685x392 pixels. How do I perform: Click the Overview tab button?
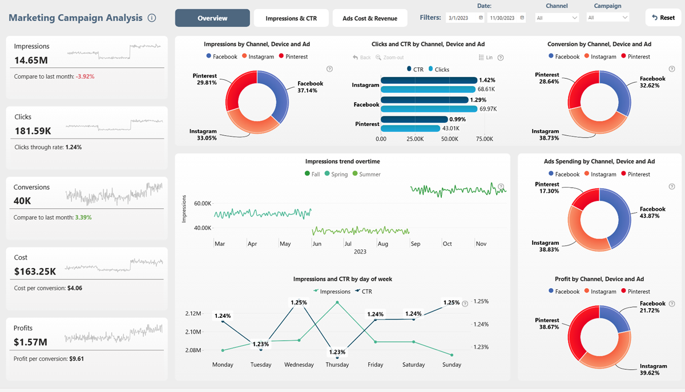[212, 18]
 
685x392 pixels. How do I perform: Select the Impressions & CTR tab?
[291, 18]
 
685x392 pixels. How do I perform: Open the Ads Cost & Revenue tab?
[369, 18]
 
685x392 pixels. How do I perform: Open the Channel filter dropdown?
[557, 18]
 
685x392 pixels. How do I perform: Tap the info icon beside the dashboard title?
[152, 18]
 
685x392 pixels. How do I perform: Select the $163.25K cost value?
[35, 271]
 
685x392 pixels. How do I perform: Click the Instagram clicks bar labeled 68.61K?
[428, 89]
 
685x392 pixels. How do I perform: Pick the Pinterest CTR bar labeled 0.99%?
[414, 119]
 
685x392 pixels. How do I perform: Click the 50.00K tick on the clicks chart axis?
[449, 139]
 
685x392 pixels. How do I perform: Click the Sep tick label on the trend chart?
[416, 244]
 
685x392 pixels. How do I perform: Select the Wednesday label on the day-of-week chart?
[299, 365]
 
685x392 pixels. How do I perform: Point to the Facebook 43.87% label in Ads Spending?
[652, 213]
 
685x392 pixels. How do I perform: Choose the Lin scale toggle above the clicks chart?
[486, 58]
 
